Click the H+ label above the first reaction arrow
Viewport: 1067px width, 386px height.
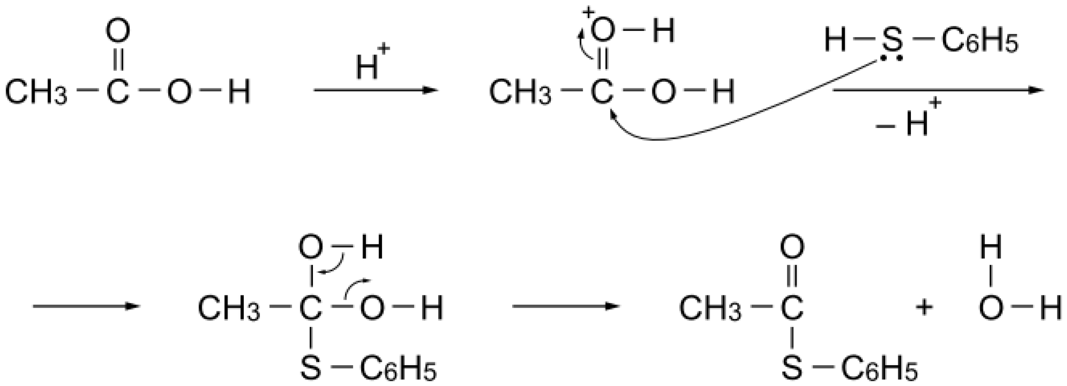(x=371, y=64)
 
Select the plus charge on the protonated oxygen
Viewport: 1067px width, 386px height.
(x=587, y=12)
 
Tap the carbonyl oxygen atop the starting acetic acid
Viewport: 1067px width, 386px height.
(x=118, y=31)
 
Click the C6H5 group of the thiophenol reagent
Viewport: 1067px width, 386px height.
(x=979, y=42)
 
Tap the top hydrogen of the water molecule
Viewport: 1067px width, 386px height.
(x=991, y=247)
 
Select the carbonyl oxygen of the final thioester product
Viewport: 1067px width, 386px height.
(x=791, y=247)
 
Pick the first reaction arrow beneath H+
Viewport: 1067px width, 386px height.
(x=375, y=90)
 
